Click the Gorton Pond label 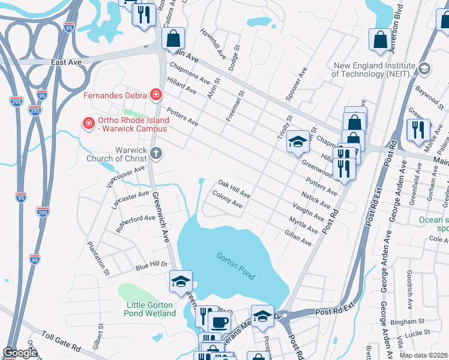click(x=236, y=266)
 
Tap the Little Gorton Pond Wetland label click(x=151, y=309)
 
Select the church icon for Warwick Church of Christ click(x=156, y=153)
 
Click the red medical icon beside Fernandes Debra click(x=156, y=94)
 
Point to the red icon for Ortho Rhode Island click(x=89, y=124)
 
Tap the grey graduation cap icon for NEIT click(x=424, y=69)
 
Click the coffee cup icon click(x=218, y=322)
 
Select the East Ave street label click(x=66, y=62)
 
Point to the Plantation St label click(x=98, y=259)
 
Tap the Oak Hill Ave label click(x=234, y=188)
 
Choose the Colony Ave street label click(x=228, y=200)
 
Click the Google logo click(x=20, y=353)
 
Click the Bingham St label click(x=413, y=322)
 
